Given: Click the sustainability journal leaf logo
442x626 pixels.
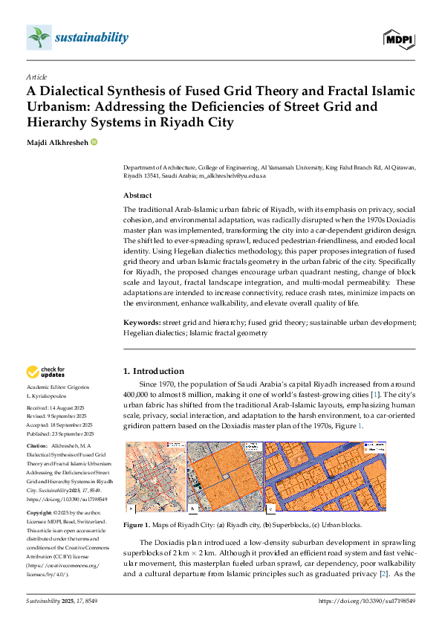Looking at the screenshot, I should tap(36, 36).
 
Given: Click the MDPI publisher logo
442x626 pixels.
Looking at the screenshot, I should tap(400, 38).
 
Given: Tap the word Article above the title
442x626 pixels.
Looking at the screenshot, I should tap(36, 77).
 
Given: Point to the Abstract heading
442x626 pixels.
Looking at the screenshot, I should tap(140, 196).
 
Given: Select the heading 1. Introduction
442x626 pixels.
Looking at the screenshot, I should tap(153, 371).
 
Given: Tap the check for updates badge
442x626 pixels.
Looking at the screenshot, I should tap(46, 372).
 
